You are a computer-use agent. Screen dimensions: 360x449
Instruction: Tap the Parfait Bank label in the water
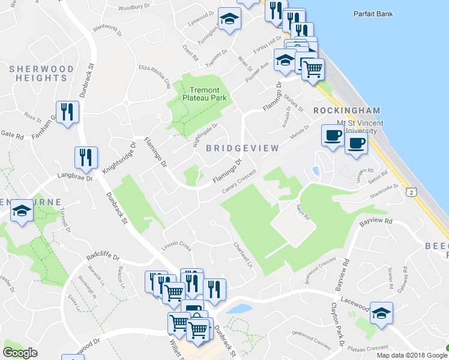click(x=373, y=13)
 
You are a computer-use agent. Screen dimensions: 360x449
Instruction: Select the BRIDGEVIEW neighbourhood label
click(x=243, y=148)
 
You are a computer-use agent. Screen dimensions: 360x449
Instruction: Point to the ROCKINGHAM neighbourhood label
click(x=347, y=110)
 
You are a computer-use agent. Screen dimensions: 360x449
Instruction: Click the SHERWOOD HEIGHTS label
click(x=41, y=73)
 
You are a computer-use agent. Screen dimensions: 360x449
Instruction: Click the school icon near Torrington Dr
click(x=229, y=19)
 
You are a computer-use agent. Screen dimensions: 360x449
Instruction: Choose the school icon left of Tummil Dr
click(x=22, y=211)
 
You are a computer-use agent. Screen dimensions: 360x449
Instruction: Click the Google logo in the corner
click(x=20, y=353)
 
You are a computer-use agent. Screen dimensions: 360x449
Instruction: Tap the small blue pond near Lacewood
click(x=239, y=309)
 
